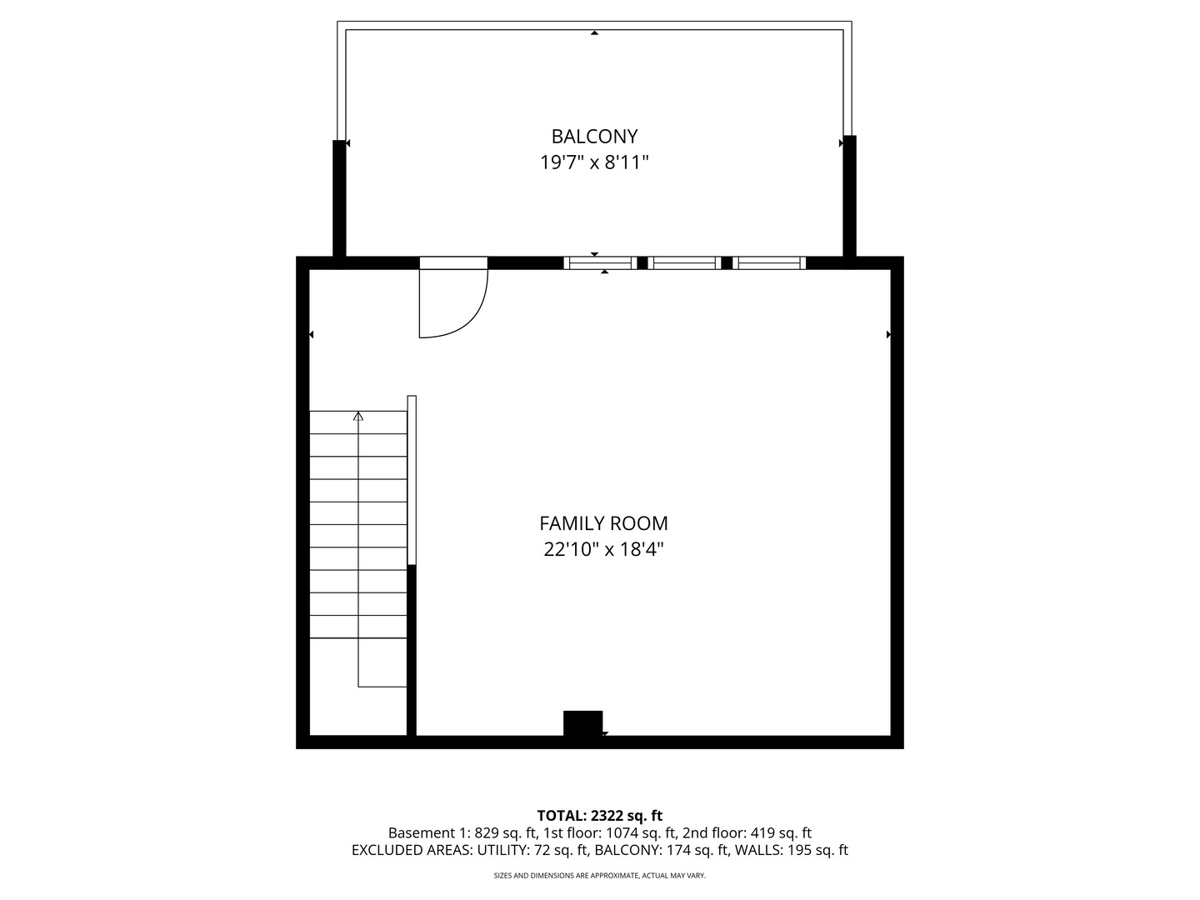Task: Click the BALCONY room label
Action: coord(594,136)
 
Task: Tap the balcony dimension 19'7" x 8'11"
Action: coord(594,162)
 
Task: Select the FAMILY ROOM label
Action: coord(603,523)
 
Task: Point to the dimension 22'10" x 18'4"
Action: coord(603,550)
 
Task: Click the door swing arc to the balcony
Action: coord(472,317)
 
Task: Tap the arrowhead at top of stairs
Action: coord(358,415)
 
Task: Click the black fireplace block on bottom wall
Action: coord(582,723)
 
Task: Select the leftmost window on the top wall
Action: coord(600,263)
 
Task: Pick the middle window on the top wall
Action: coord(684,263)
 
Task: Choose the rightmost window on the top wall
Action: coord(769,263)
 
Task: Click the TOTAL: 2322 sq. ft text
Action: coord(599,816)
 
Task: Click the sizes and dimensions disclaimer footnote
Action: coord(599,876)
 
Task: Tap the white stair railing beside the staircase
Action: coord(412,480)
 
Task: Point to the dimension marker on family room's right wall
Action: coord(888,334)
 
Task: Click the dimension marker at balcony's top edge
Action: coord(594,33)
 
